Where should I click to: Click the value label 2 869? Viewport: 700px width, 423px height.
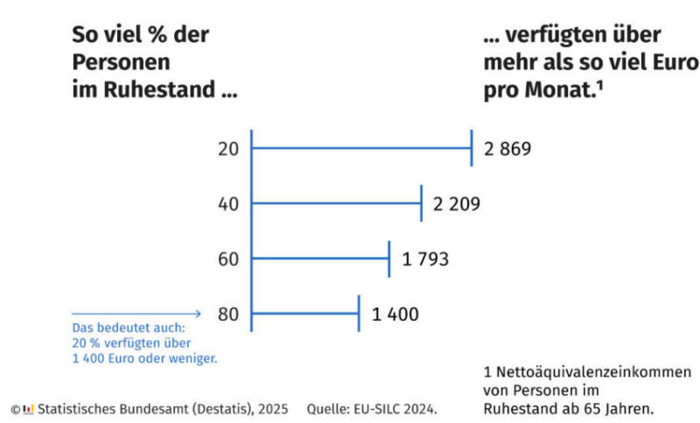[x=507, y=149]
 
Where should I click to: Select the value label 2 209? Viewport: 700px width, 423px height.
[x=457, y=204]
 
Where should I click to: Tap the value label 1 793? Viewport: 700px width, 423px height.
[x=425, y=259]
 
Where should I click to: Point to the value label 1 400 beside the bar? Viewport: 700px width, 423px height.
[x=395, y=314]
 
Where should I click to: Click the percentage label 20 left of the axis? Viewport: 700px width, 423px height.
[x=228, y=149]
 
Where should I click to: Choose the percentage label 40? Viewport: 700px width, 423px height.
[x=228, y=204]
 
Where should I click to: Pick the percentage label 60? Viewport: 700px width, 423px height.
[x=228, y=259]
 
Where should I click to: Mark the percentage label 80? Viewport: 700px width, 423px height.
[x=228, y=314]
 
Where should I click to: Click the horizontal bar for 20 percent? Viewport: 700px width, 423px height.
[x=360, y=149]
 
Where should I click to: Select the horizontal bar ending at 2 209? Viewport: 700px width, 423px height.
[x=336, y=204]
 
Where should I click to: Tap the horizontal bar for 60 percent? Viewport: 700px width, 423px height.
[x=320, y=259]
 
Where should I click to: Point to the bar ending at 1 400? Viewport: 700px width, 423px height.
[x=304, y=314]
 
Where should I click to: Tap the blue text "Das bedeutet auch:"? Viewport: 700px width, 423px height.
[x=117, y=329]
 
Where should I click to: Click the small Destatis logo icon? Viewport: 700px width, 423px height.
[x=28, y=409]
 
